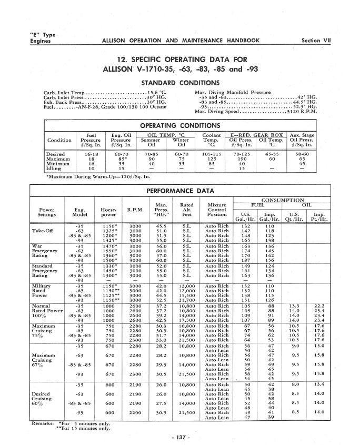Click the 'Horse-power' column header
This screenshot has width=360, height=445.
[108, 212]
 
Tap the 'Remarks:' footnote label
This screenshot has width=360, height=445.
[43, 423]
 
